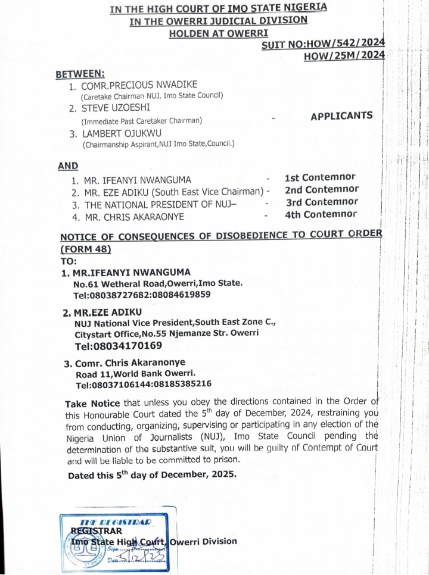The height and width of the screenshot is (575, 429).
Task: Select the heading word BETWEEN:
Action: point(80,74)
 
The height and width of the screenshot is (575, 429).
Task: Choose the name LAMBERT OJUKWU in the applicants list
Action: point(123,133)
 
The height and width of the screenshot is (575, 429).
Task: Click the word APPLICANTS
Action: point(341,116)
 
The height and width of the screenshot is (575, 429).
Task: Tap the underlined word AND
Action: point(68,166)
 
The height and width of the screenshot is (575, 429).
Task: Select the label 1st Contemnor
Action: point(320,177)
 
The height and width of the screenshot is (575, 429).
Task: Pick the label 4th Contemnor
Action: point(321,215)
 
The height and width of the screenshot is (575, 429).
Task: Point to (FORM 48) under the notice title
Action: point(86,249)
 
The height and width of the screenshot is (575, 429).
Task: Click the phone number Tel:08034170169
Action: point(118,346)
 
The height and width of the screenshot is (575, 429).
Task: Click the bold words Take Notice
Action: point(92,403)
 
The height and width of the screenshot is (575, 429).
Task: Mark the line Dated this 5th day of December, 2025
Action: point(152,475)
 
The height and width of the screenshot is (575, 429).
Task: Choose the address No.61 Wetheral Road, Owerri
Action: point(158,284)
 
